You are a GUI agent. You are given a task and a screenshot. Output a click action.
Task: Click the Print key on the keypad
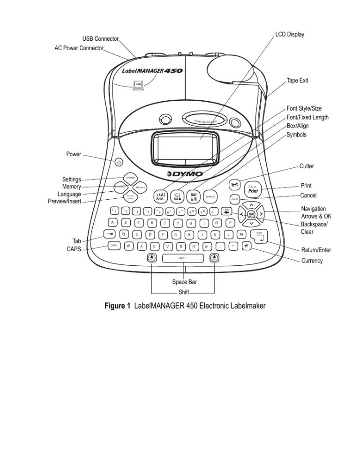click(x=253, y=189)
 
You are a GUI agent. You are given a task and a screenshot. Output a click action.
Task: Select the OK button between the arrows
click(x=251, y=214)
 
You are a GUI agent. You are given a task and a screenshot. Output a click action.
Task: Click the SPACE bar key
click(x=183, y=258)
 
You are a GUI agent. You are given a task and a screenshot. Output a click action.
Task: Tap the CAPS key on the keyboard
click(x=114, y=245)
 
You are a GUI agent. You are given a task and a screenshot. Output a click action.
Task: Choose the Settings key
click(x=130, y=177)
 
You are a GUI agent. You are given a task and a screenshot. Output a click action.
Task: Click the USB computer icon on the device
click(x=138, y=85)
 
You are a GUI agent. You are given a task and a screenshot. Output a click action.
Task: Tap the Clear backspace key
click(x=226, y=212)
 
